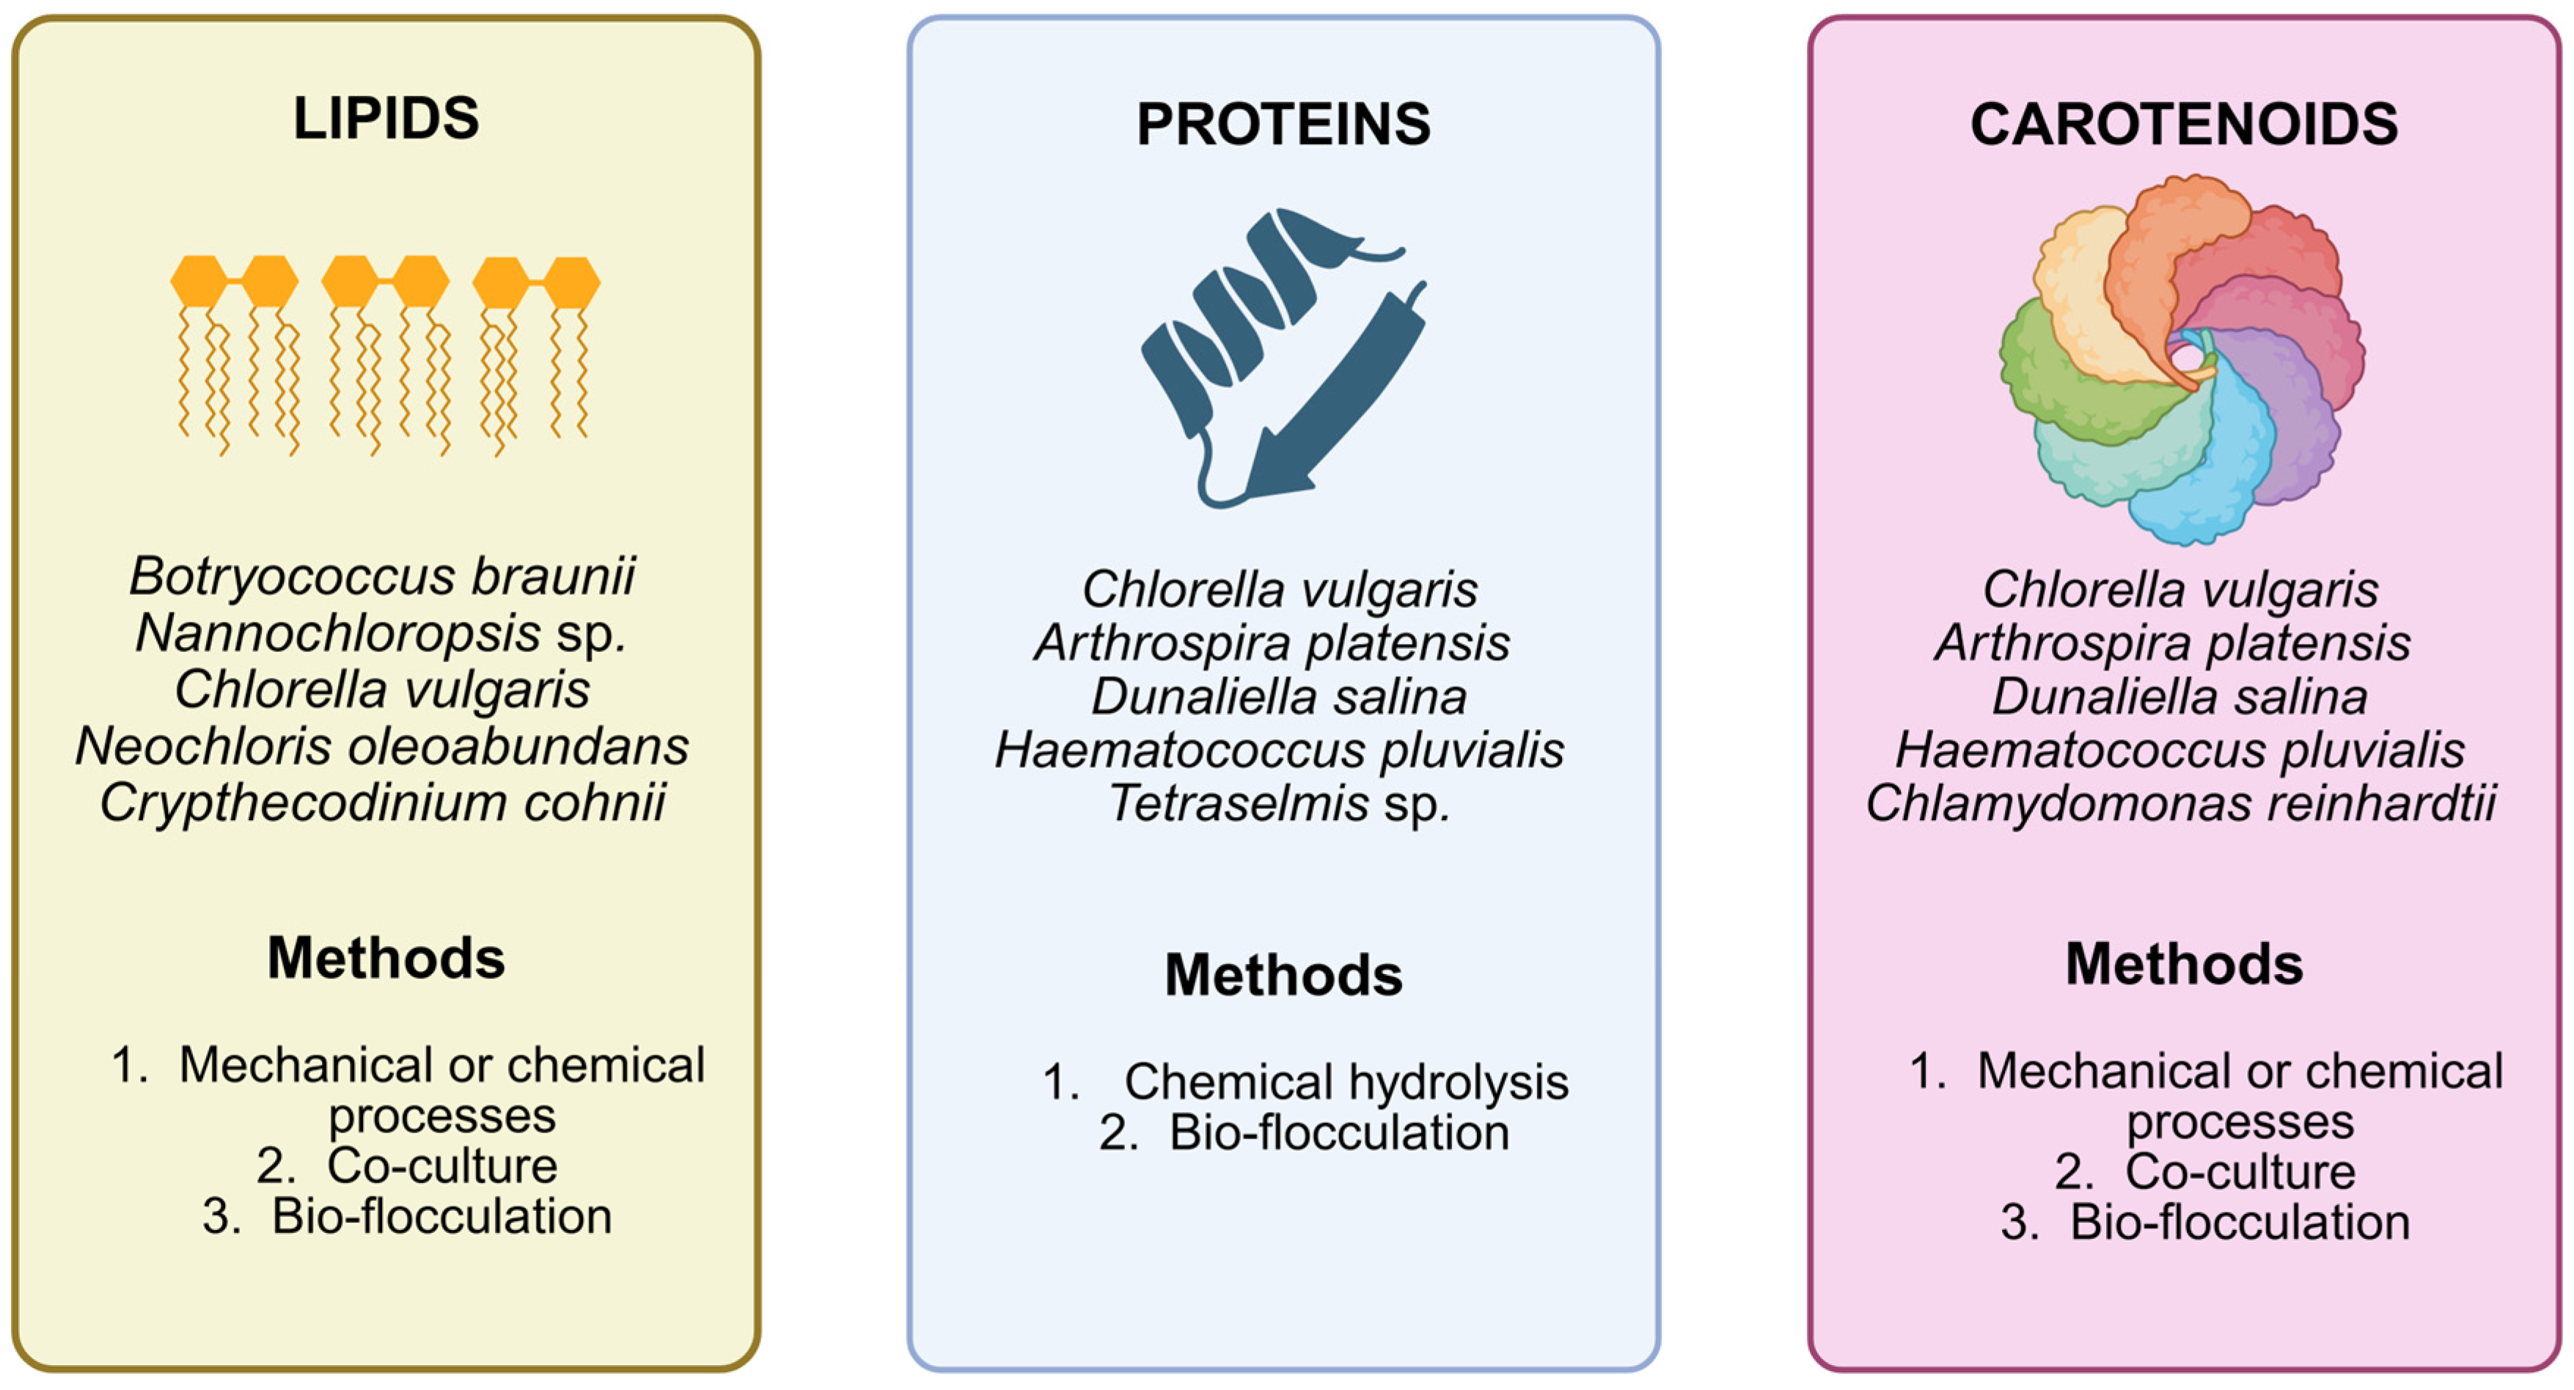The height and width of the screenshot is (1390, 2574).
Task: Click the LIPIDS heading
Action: coord(386,118)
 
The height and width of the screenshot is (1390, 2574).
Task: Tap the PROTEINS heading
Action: coord(1283,124)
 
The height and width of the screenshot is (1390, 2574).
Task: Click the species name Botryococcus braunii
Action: coord(382,576)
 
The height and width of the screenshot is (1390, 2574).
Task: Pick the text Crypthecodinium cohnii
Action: coord(382,802)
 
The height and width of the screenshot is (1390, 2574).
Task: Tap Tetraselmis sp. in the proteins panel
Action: coord(1279,803)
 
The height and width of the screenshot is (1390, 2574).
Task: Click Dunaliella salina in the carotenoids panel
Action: coord(2180,697)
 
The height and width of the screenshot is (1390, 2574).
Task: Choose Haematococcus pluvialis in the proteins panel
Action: coord(1279,750)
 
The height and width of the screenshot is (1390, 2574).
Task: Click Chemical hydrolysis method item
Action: coord(1345,1081)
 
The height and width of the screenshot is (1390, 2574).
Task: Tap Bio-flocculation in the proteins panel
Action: coord(1339,1133)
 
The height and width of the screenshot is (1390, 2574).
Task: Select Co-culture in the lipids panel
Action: coord(441,1165)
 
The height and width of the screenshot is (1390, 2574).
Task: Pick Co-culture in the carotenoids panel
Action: coord(2240,1171)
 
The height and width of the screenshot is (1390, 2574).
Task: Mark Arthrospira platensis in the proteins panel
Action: coord(1272,643)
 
